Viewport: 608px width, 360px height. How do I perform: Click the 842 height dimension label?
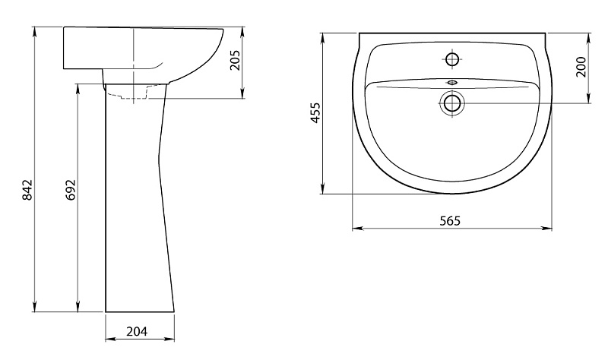[27, 190]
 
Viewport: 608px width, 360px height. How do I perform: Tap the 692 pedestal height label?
[71, 190]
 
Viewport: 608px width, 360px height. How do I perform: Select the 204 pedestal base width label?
[137, 332]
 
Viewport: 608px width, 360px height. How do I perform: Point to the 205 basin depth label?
[235, 60]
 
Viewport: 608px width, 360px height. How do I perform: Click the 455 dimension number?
[316, 112]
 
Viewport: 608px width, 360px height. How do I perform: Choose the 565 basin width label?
[450, 221]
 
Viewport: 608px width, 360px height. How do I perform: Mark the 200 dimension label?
[581, 67]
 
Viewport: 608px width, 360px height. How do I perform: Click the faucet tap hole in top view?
[452, 60]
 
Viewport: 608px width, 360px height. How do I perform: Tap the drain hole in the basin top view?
[452, 103]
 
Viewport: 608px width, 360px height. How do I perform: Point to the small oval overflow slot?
[452, 82]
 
